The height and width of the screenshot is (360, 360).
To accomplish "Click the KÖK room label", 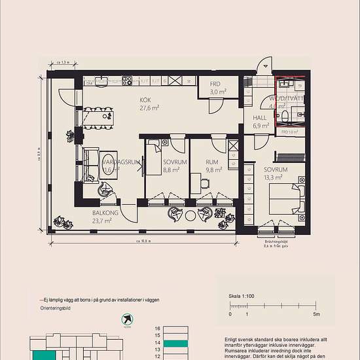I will pyautogui.click(x=145, y=100).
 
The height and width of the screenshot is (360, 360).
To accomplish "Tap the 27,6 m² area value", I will pyautogui.click(x=149, y=107).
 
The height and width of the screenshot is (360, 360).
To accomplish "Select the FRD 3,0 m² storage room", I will pyautogui.click(x=218, y=89).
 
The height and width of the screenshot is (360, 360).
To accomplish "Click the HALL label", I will pyautogui.click(x=261, y=118).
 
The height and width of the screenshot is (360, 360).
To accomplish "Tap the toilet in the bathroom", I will pyautogui.click(x=286, y=116).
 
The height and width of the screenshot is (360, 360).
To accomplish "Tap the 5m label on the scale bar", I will pyautogui.click(x=317, y=314).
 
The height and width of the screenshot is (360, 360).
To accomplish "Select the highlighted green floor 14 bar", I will pyautogui.click(x=175, y=342).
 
